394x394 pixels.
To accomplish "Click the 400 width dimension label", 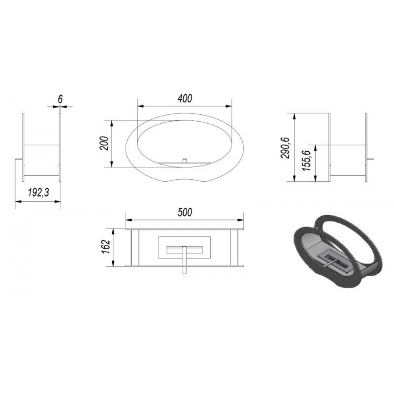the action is (185, 98).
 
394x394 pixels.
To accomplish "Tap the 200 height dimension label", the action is (104, 143).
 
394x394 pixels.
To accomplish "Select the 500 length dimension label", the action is (185, 212).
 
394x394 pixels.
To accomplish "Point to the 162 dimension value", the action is (106, 247).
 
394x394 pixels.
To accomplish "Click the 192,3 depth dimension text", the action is (38, 193).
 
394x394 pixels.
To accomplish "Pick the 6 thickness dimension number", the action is (60, 99).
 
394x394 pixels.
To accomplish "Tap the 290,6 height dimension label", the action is (285, 148).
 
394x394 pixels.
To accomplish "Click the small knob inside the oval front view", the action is (185, 161).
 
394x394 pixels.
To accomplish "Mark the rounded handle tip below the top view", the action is (185, 273).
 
